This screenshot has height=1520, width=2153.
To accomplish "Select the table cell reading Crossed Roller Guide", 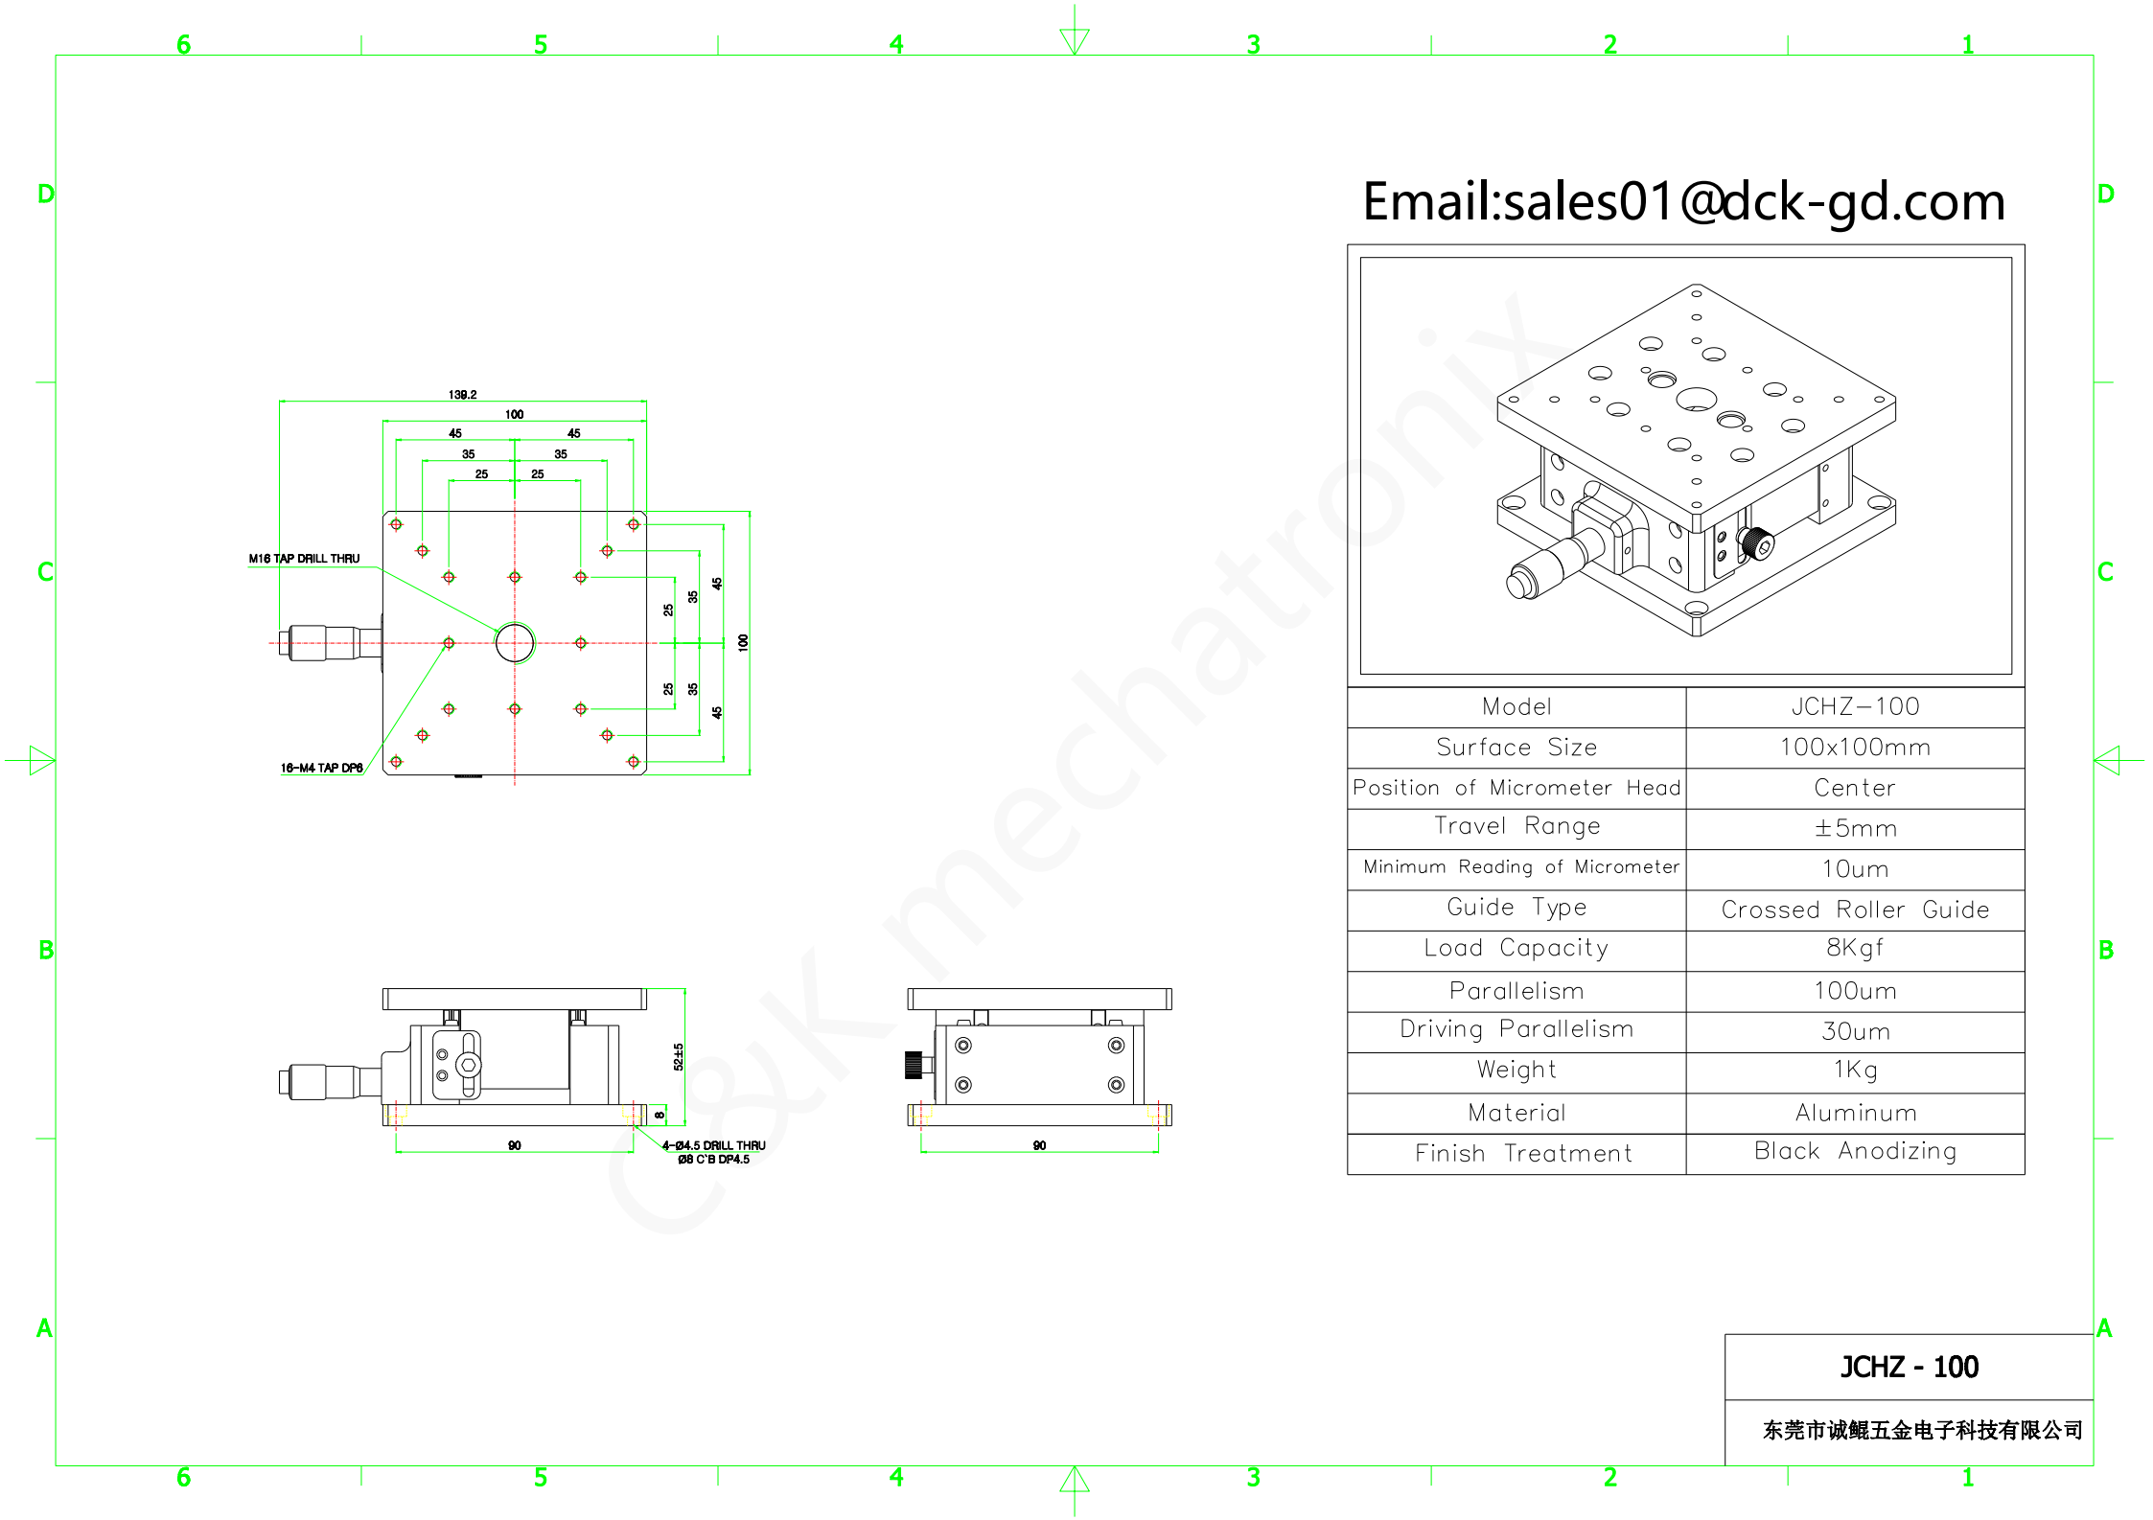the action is [1855, 910].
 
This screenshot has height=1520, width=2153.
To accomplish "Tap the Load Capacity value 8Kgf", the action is [1855, 948].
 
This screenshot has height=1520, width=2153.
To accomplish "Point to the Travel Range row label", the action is [1516, 826].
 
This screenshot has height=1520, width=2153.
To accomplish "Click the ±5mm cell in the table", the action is [1855, 828].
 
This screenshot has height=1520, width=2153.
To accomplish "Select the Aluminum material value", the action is [1856, 1113].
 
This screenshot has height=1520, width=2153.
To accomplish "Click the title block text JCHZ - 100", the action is [1909, 1367].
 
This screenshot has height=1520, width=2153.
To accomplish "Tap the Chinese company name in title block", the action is [1922, 1431].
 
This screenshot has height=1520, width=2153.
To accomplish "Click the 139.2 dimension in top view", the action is [462, 395].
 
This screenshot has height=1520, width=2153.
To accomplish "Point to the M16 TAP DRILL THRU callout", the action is [304, 559].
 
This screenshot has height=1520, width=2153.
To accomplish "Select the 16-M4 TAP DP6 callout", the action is [321, 768].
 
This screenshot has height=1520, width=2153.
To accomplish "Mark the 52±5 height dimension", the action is [679, 1056].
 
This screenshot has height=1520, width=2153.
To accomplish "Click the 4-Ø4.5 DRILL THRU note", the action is [713, 1145].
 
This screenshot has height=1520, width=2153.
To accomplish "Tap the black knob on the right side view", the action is [913, 1064].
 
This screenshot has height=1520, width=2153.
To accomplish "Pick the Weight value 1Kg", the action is [1855, 1070].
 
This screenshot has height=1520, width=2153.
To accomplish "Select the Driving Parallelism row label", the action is [1516, 1029].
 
